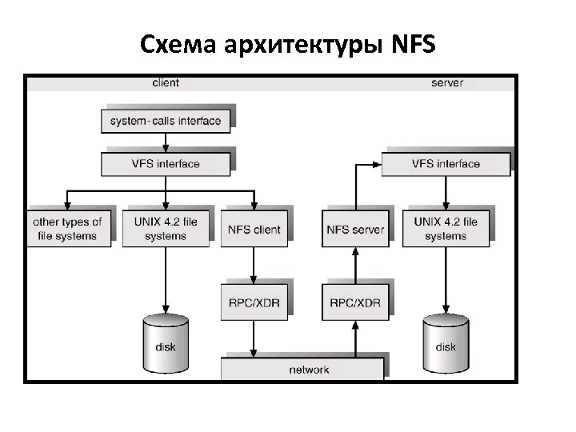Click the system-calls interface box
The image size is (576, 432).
coord(166,122)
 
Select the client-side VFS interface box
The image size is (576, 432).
coord(166,164)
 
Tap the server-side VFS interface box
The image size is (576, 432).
coord(446,164)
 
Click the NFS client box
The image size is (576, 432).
coord(254,230)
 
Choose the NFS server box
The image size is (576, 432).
coord(355,230)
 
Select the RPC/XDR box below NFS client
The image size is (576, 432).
coord(254,303)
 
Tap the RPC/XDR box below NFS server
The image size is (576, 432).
coord(355,303)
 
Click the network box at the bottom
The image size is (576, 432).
coord(308,370)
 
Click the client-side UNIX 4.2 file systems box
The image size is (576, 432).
coord(166,229)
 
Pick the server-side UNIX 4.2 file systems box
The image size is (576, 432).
coord(446,229)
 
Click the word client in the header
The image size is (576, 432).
coord(166,82)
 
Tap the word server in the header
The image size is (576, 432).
coord(446,82)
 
